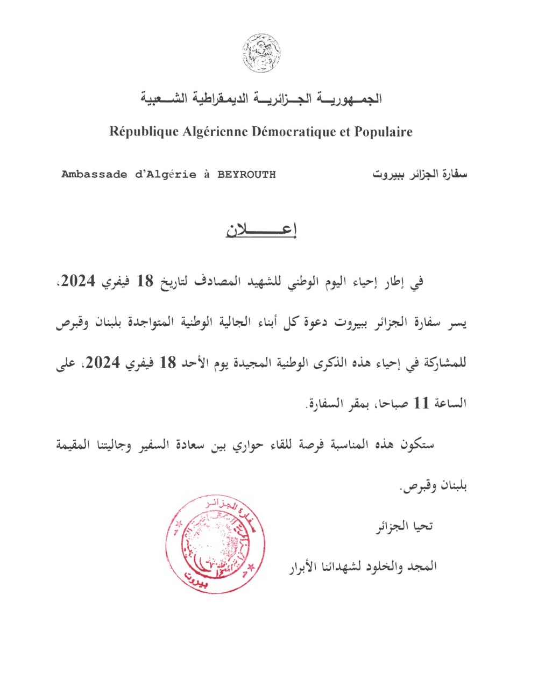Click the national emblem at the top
(261, 53)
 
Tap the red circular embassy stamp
(216, 543)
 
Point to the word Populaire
(383, 132)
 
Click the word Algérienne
(215, 132)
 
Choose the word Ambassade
(94, 174)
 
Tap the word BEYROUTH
(246, 174)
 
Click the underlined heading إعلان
(261, 230)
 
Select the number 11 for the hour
(421, 403)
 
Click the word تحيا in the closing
(422, 526)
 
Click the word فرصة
(318, 445)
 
